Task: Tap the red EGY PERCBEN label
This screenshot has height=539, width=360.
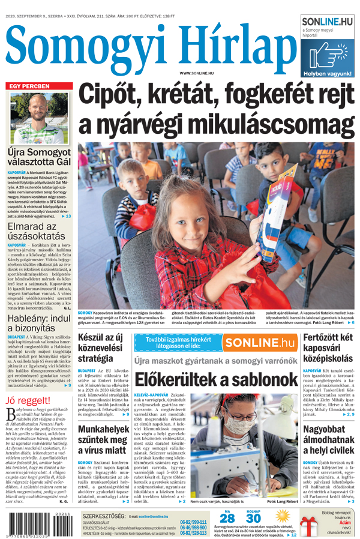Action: (28, 86)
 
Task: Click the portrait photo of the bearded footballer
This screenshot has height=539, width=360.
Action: (39, 118)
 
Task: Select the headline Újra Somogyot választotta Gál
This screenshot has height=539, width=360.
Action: (39, 158)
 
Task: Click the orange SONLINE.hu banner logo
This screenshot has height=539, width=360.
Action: (260, 343)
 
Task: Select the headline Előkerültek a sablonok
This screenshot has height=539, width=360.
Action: (216, 379)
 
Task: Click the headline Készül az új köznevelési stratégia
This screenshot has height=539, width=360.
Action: (101, 348)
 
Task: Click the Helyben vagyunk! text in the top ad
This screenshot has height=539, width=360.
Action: (328, 73)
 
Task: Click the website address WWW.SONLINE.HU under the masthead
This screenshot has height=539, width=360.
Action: (196, 73)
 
